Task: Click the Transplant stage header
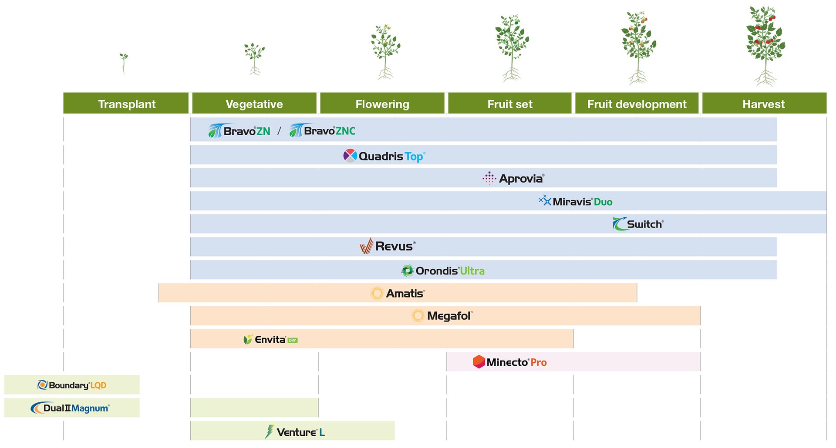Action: coord(126,104)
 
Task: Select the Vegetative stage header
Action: coord(254,104)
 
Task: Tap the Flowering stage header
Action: coord(382,104)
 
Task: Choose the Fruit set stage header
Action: coord(510,104)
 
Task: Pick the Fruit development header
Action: coord(637,104)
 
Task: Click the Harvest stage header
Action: coord(764,104)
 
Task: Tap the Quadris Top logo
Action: coord(384,156)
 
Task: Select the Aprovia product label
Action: coord(514,178)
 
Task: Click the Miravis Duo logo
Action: coord(576,201)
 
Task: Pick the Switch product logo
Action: coord(638,224)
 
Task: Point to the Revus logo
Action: coord(388,246)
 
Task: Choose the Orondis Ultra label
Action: coord(443,271)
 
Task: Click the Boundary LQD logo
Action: coord(72,385)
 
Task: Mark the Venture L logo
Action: coord(295,432)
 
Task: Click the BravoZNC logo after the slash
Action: coord(323,130)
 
